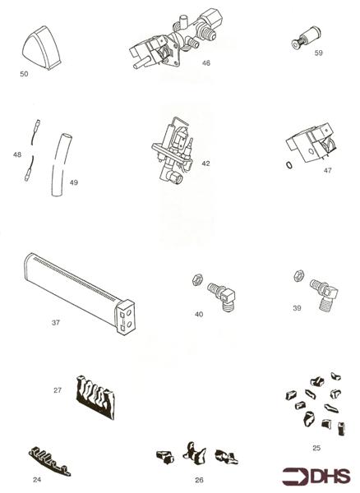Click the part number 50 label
pos(24,74)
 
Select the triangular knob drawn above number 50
pos(42,48)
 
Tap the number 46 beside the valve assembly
pos(206,63)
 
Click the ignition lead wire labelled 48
pos(32,150)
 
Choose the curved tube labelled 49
pos(60,165)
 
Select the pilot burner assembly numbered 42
pos(173,150)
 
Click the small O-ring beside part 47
pos(289,165)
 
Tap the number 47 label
pos(328,170)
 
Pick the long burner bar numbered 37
pos(80,293)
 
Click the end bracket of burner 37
pos(126,317)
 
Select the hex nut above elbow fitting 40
pos(197,279)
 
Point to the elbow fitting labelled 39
pos(324,295)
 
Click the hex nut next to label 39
pos(298,275)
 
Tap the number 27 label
pos(58,390)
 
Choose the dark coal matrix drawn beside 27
pos(95,397)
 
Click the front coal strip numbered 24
pos(49,461)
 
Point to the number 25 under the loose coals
pos(316,448)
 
